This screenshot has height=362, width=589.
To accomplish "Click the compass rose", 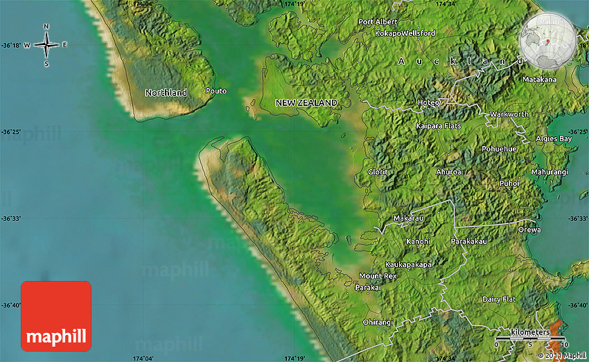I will [x=46, y=46].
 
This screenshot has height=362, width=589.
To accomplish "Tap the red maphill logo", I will [x=56, y=316].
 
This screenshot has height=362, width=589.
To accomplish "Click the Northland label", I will [x=166, y=93].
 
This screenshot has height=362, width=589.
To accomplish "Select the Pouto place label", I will [x=216, y=91].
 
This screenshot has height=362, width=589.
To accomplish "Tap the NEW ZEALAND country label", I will [x=306, y=103].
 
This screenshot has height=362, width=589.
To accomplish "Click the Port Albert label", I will [x=378, y=22].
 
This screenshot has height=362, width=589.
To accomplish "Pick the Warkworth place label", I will [x=509, y=114].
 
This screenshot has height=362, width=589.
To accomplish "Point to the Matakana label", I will [x=539, y=80].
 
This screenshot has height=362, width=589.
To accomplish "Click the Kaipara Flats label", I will [x=438, y=126].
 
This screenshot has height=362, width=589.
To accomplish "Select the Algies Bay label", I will [x=554, y=139].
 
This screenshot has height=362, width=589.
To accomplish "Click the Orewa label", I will [x=529, y=230].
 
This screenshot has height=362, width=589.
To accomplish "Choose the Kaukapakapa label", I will [x=409, y=264].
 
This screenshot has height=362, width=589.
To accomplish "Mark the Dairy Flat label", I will [x=499, y=299].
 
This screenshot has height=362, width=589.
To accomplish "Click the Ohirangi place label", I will [x=377, y=322].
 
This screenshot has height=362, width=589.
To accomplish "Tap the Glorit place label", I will [x=378, y=172].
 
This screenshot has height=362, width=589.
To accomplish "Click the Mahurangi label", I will [x=549, y=172].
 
